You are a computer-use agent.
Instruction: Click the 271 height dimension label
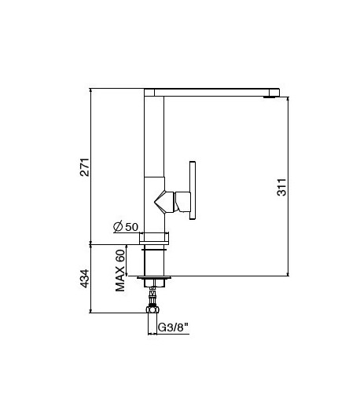[x=85, y=166]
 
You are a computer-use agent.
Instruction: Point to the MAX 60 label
[x=121, y=271]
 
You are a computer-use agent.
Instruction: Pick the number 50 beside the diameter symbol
[x=131, y=227]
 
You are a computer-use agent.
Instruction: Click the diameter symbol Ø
[x=117, y=227]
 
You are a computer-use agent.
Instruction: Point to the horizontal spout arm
[x=212, y=90]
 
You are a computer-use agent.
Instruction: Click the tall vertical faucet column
[x=154, y=157]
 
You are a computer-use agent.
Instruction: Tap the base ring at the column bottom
[x=154, y=238]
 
